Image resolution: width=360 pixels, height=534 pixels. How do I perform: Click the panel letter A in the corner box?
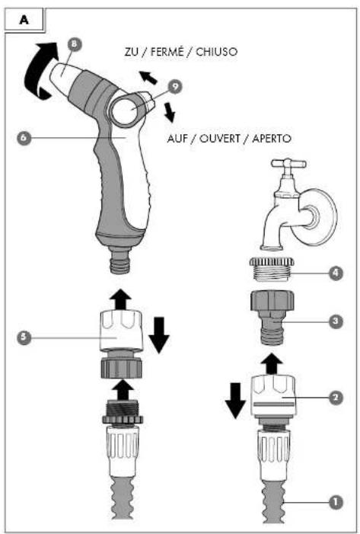[24, 20]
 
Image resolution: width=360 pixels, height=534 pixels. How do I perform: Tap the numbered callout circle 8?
[75, 45]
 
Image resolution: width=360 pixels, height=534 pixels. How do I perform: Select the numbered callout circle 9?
[175, 87]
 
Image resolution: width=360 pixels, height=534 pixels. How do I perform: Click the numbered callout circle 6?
[24, 138]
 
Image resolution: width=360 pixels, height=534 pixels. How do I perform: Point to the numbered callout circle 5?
[24, 337]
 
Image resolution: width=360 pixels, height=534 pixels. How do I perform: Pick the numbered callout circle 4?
[336, 273]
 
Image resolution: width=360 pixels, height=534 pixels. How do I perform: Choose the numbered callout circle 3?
[336, 321]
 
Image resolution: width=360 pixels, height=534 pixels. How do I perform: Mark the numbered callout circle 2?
[336, 398]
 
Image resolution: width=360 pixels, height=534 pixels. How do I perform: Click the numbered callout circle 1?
[336, 502]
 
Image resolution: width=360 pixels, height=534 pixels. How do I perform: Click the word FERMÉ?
[168, 52]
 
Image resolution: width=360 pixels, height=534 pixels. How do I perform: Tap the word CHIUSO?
[216, 52]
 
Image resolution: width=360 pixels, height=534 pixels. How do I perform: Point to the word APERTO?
[272, 139]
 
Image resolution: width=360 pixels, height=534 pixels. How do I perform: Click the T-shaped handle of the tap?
[288, 164]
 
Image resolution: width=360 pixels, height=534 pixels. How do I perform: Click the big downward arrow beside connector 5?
[159, 334]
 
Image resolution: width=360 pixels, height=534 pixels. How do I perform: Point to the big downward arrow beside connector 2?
[235, 401]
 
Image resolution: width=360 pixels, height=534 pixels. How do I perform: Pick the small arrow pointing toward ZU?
[148, 77]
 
